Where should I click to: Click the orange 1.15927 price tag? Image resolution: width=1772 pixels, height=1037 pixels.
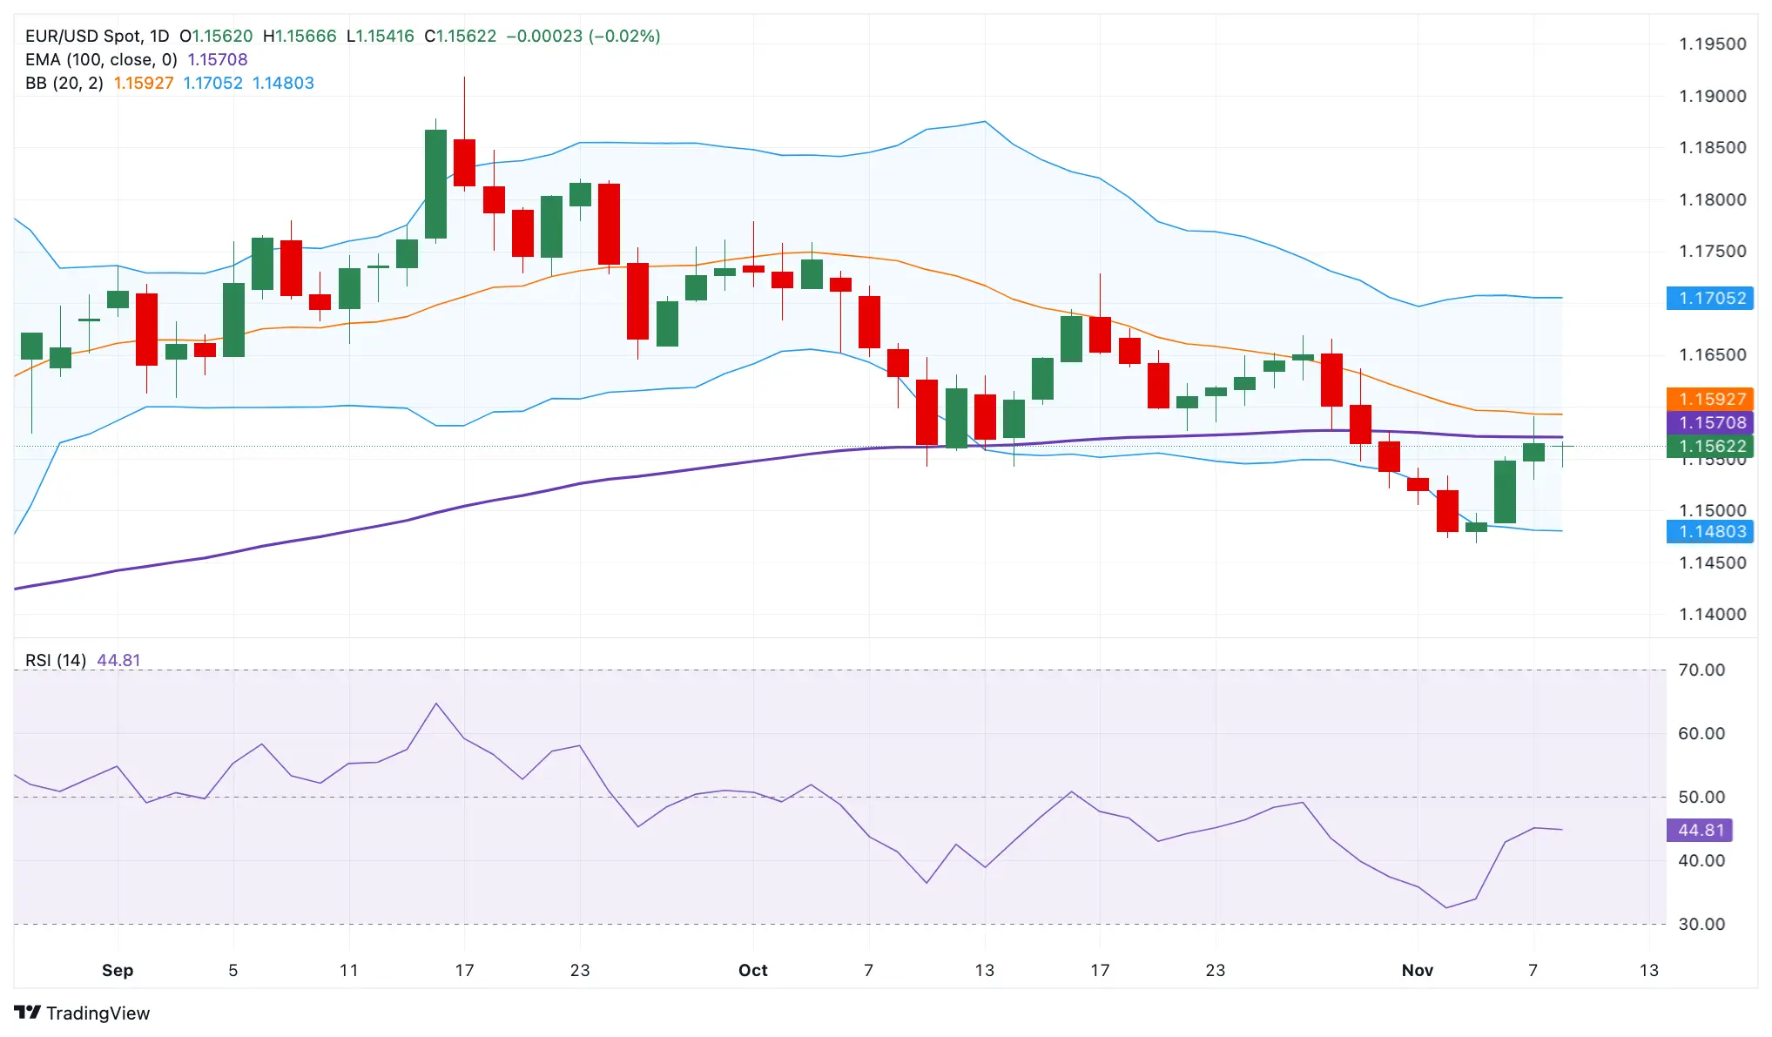click(x=1709, y=399)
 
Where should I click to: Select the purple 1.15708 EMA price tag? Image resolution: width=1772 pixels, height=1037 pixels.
click(x=1709, y=422)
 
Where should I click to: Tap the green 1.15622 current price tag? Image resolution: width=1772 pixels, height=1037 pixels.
click(x=1709, y=446)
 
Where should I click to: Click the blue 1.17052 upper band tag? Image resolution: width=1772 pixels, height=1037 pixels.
click(x=1709, y=298)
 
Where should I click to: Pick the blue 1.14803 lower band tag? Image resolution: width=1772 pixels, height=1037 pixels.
click(x=1709, y=531)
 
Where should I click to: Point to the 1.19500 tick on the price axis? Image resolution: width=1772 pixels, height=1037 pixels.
click(x=1712, y=44)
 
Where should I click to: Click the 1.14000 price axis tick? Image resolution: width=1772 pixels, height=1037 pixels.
click(x=1712, y=614)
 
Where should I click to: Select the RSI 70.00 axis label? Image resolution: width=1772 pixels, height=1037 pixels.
click(x=1701, y=670)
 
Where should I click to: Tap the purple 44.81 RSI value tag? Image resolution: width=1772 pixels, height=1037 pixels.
click(x=1699, y=830)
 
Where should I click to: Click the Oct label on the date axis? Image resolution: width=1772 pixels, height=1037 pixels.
click(x=752, y=970)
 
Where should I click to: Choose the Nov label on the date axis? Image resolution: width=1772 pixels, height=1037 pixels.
click(x=1417, y=970)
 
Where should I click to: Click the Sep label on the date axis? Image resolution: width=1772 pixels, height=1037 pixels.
click(x=118, y=970)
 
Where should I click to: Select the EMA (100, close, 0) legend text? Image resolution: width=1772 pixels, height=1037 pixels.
click(x=101, y=59)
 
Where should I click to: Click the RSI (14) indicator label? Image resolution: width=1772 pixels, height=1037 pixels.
click(x=56, y=660)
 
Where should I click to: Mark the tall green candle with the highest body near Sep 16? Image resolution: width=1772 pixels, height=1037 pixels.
click(x=435, y=184)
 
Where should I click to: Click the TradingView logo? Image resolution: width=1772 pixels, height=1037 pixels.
click(x=83, y=1013)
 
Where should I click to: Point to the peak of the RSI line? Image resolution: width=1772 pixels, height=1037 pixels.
click(x=435, y=704)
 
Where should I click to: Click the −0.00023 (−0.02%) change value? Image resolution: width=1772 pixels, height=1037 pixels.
click(x=583, y=36)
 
